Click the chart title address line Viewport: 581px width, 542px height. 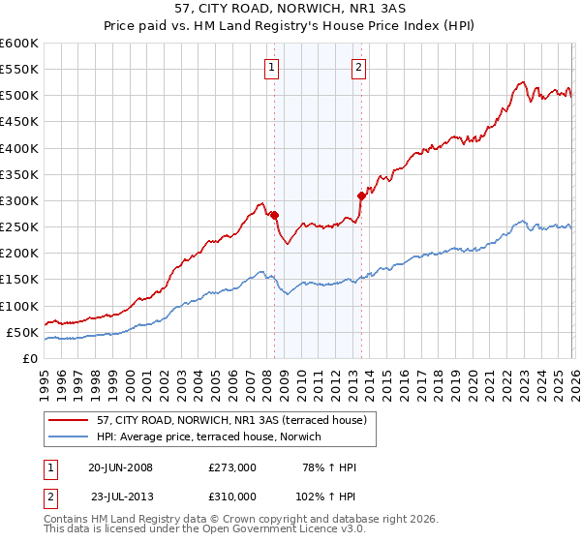(x=290, y=10)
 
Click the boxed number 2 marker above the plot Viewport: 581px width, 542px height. (x=358, y=68)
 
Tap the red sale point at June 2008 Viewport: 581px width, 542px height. (x=275, y=215)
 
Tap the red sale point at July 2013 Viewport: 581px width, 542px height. (x=361, y=196)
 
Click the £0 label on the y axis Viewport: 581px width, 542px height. (x=29, y=358)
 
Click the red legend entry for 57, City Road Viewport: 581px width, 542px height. (x=230, y=420)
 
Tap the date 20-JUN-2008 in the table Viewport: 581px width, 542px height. (x=120, y=467)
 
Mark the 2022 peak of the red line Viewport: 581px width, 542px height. (x=522, y=82)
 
